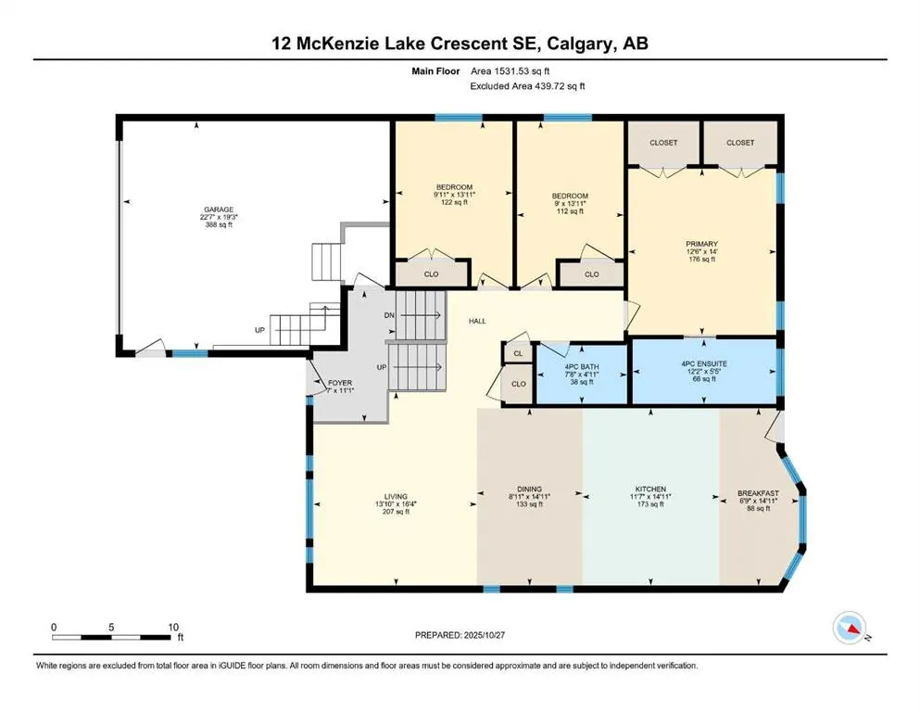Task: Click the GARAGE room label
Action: click(x=219, y=210)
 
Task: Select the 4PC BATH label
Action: click(x=582, y=367)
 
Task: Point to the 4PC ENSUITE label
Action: click(x=700, y=363)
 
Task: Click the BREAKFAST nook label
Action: click(x=756, y=493)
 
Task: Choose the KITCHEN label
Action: click(x=650, y=489)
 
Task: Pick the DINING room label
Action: click(x=529, y=489)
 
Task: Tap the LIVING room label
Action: click(x=397, y=496)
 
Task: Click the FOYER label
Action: click(x=340, y=383)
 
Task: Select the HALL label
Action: click(x=476, y=321)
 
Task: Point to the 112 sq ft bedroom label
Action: click(x=570, y=196)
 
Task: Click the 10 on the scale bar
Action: click(x=172, y=627)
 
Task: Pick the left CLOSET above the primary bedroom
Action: click(x=662, y=143)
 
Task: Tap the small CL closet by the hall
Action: click(x=517, y=352)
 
